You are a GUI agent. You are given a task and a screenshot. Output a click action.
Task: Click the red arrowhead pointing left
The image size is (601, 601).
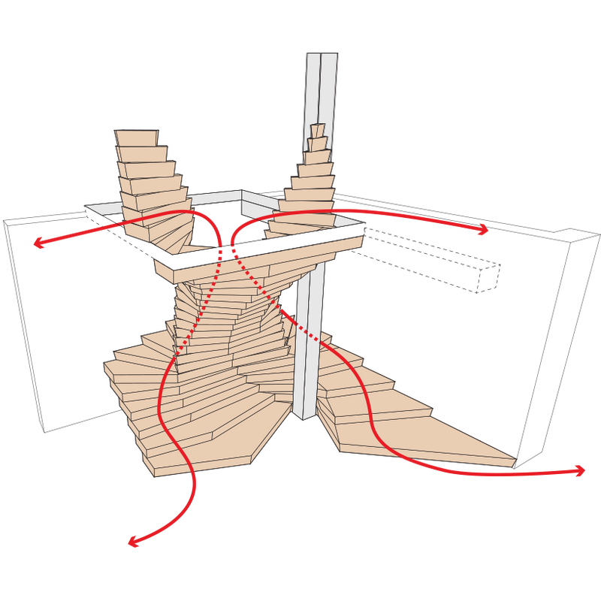(x=38, y=241)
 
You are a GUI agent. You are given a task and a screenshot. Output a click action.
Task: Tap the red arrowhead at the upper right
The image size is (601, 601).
(x=485, y=231)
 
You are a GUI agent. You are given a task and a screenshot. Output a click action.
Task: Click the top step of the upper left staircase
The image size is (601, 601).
(x=137, y=136)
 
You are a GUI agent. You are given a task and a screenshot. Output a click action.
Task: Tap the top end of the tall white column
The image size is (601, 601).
(x=322, y=57)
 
